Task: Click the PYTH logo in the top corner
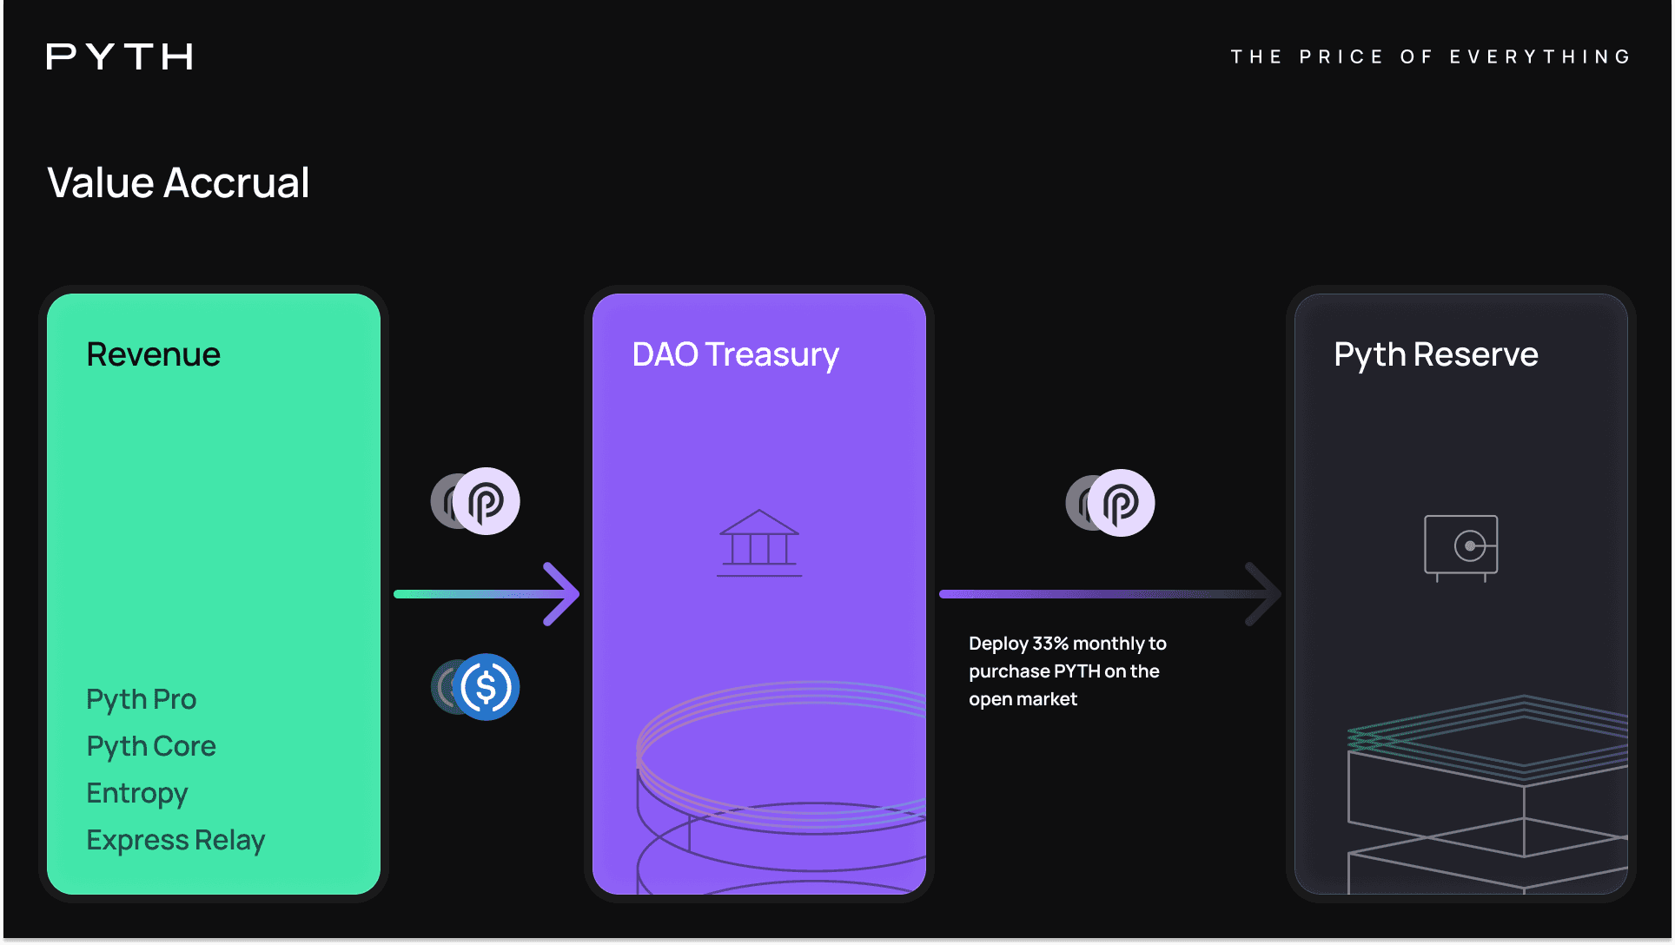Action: tap(120, 57)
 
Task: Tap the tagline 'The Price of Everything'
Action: tap(1431, 57)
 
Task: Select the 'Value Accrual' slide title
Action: tap(178, 183)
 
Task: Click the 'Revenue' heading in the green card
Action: tap(154, 354)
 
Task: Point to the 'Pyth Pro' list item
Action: tap(142, 699)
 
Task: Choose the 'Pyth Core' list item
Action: tap(151, 746)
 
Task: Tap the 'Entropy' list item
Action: tap(137, 793)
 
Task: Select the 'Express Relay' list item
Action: tap(175, 840)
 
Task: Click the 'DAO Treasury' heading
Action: tap(735, 354)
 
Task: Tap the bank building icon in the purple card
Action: tap(758, 543)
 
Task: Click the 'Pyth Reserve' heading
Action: tap(1436, 354)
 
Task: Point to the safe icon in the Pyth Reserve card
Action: tap(1461, 547)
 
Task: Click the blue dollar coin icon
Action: tap(486, 687)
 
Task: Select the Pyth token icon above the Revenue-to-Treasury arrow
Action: tap(486, 501)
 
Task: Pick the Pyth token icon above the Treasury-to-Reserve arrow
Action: tap(1121, 503)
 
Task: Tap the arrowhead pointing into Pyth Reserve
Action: tap(1264, 594)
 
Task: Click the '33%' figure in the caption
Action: tap(1050, 644)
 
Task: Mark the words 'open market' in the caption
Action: tap(1023, 699)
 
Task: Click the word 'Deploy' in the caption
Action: tap(998, 644)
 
